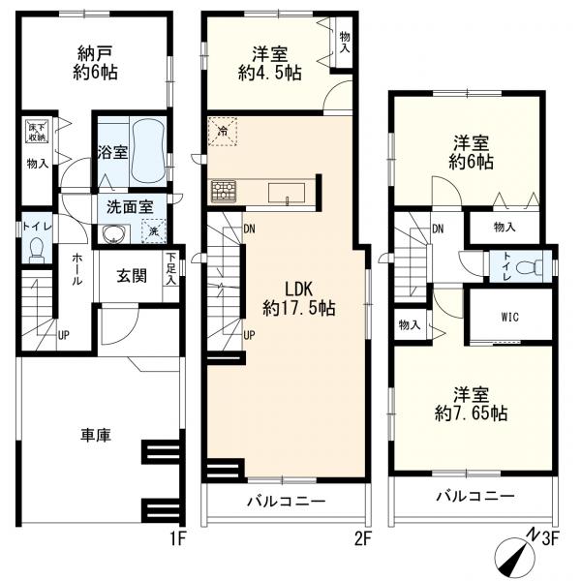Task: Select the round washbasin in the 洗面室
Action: pos(114,232)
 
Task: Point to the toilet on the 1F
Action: pos(36,251)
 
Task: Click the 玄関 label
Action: pos(132,276)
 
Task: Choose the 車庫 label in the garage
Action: pos(94,436)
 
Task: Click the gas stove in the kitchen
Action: pos(223,189)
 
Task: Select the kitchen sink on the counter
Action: pos(288,190)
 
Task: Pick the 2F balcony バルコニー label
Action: pos(285,502)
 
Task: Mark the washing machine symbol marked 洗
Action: pos(151,230)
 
